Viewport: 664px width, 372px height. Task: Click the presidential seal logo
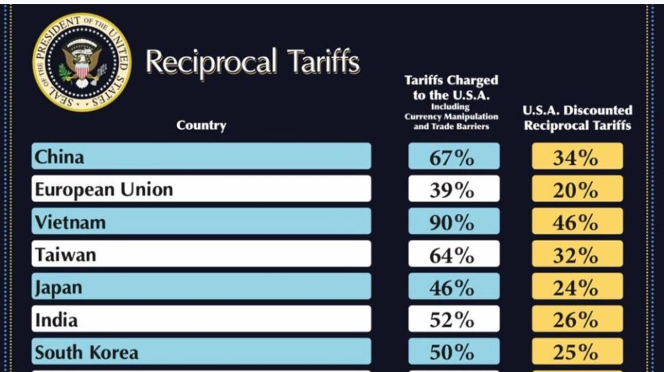coord(82,62)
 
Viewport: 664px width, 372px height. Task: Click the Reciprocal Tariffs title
coord(252,63)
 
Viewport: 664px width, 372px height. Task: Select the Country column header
coord(201,126)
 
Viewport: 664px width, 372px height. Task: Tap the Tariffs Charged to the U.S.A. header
coord(452,103)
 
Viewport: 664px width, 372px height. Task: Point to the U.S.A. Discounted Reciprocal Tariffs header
coord(577,118)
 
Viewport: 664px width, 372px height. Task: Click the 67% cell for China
coord(453,157)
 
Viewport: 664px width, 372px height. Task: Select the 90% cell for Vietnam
coord(453,223)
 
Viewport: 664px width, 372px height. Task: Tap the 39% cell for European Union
coord(453,190)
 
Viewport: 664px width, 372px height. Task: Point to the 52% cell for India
coord(453,320)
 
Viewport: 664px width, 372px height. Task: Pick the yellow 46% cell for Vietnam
coord(577,223)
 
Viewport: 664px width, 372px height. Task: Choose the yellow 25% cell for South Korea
coord(577,352)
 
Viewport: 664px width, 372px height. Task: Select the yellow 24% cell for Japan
coord(577,288)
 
